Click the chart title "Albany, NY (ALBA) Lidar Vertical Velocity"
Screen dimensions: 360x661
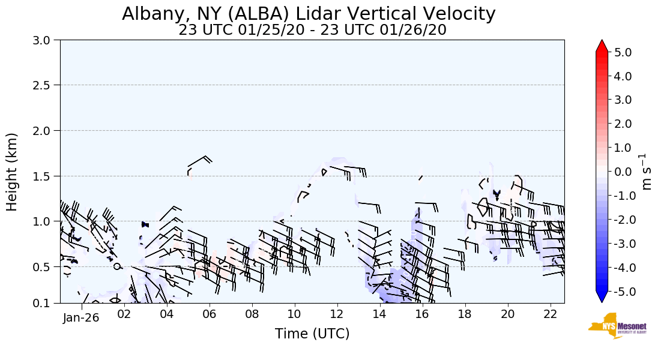coord(309,14)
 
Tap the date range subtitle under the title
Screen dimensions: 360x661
coord(312,30)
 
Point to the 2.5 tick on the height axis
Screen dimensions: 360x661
coord(46,85)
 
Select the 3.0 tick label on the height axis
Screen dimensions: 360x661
coord(46,40)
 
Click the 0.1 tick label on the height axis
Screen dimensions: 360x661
coord(46,304)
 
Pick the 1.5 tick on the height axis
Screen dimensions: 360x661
coord(46,176)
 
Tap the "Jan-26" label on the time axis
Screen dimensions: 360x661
coord(80,318)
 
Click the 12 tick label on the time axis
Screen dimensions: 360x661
coord(337,313)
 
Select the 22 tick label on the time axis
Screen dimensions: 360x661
coord(550,313)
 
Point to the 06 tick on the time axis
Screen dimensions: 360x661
coord(209,313)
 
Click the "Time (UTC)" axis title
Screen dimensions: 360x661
coord(312,334)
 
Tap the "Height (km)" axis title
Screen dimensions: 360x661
coord(13,172)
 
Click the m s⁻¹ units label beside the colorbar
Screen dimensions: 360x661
coord(647,172)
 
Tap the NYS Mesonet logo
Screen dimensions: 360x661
coord(609,326)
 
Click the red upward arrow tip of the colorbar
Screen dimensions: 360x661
coord(602,45)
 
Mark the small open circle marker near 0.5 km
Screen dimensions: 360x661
coord(117,266)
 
